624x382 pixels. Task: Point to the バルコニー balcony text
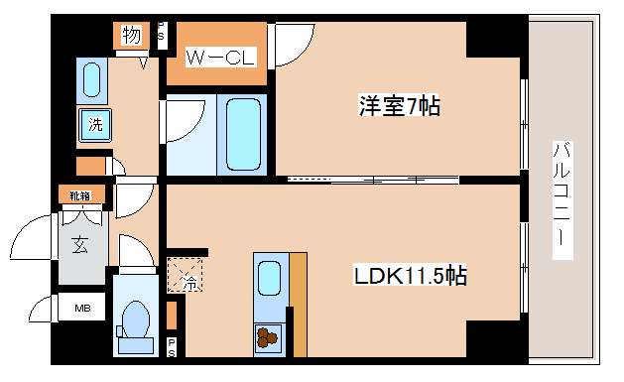(x=561, y=198)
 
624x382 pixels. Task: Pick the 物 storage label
(x=132, y=36)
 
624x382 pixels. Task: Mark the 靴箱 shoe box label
(x=79, y=194)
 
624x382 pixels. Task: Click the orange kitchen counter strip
(x=299, y=303)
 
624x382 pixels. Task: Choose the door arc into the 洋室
(x=292, y=44)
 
